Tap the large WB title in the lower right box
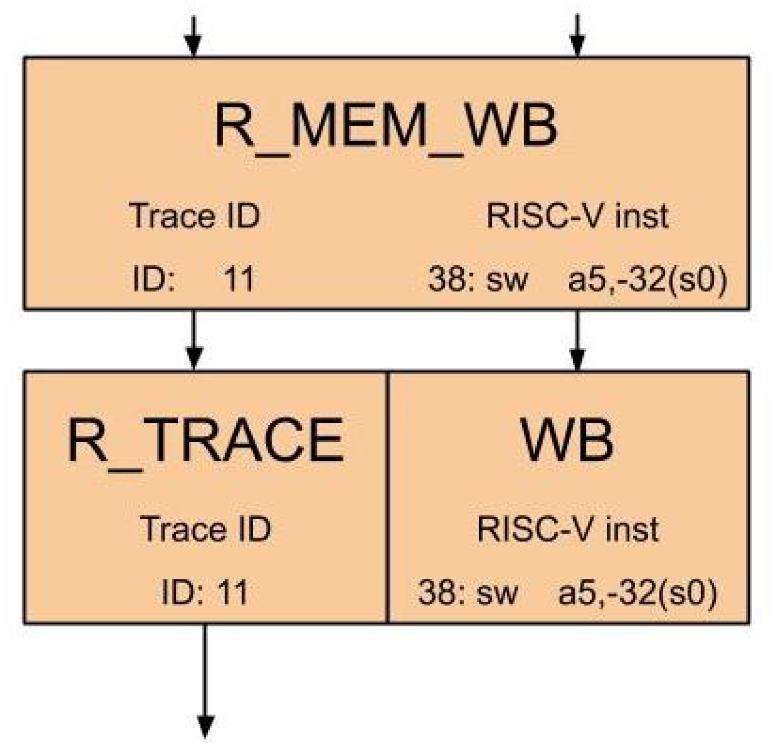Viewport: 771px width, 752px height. (x=568, y=440)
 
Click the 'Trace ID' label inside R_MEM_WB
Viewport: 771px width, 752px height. (x=194, y=216)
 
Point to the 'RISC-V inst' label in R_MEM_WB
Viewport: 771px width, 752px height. (x=577, y=216)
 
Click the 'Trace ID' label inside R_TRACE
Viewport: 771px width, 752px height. (x=205, y=529)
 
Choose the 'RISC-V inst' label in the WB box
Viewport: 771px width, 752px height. (x=568, y=529)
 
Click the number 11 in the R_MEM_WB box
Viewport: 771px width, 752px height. (x=239, y=279)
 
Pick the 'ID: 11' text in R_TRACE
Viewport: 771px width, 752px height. (x=205, y=592)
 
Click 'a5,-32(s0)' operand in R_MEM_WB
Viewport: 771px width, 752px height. (x=647, y=279)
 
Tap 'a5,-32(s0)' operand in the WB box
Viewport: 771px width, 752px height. (x=638, y=592)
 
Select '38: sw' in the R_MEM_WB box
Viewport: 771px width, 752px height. (x=478, y=279)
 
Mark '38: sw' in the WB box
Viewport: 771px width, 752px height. (x=468, y=592)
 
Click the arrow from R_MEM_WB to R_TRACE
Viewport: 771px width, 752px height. (x=194, y=341)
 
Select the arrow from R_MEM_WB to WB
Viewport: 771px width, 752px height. (x=577, y=341)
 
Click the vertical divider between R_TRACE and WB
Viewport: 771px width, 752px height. (x=387, y=497)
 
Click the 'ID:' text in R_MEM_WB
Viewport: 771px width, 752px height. (x=154, y=279)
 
